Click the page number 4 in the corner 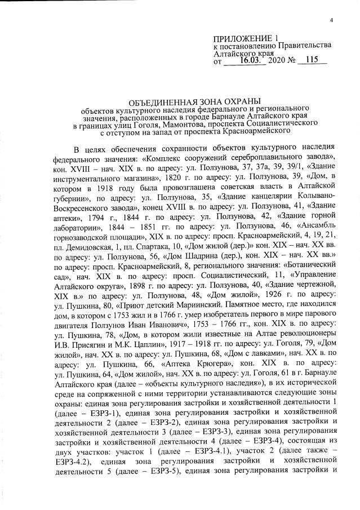click(332, 21)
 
